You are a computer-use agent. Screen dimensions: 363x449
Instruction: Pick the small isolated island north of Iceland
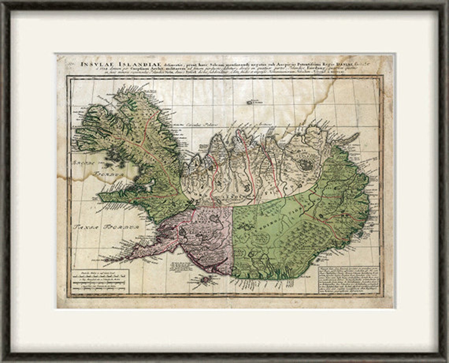coord(250,103)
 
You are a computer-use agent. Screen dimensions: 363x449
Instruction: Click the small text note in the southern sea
coord(181,266)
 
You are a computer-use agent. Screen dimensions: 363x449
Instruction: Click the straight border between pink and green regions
coord(233,241)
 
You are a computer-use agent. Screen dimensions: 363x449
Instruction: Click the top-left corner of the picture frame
coord(3,3)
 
